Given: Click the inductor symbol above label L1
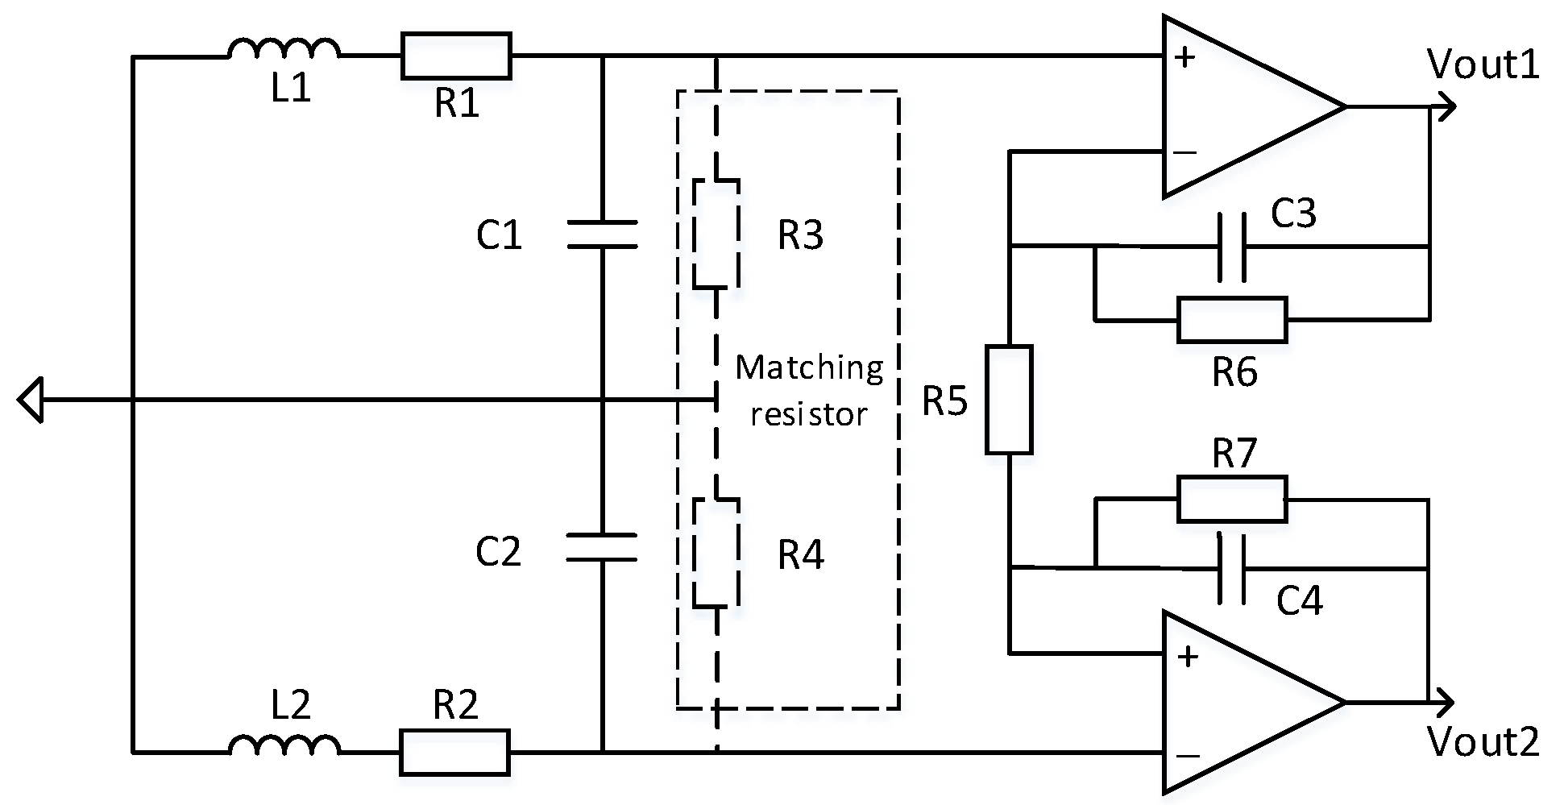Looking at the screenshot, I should [284, 50].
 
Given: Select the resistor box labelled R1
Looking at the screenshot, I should [456, 56].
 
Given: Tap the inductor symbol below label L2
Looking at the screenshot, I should [284, 746].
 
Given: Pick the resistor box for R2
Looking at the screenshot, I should [454, 752].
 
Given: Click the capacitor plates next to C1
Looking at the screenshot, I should [602, 234].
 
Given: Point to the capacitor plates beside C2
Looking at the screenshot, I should [602, 547].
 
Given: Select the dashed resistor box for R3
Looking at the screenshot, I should [716, 234].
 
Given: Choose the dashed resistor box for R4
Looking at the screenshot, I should [716, 553].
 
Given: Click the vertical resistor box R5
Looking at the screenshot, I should [1009, 400].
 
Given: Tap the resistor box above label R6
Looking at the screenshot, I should [1231, 320].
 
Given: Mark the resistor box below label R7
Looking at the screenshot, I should [1231, 500].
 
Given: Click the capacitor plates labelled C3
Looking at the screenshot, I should [1231, 247].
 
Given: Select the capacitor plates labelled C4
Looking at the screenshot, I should [1231, 568].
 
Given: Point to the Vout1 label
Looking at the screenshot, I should [1483, 64].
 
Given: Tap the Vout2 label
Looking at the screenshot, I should [1483, 741].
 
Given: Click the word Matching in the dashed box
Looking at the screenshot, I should [809, 368].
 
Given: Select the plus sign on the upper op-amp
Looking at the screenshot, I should [1184, 57].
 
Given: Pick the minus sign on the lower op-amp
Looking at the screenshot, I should [1187, 756].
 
